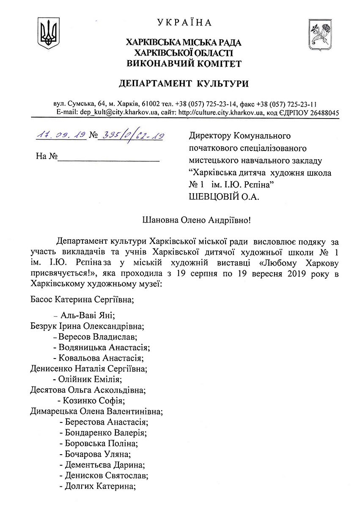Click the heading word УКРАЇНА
[184, 22]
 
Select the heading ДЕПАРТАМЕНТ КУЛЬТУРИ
[184, 83]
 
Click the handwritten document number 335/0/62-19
[131, 135]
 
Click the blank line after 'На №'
[109, 157]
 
